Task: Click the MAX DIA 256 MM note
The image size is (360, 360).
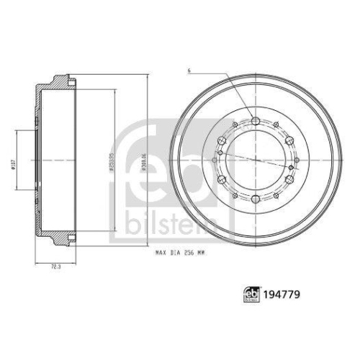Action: [x=180, y=253]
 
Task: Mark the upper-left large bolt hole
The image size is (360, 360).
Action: [x=221, y=139]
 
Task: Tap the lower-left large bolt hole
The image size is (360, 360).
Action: [x=221, y=177]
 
